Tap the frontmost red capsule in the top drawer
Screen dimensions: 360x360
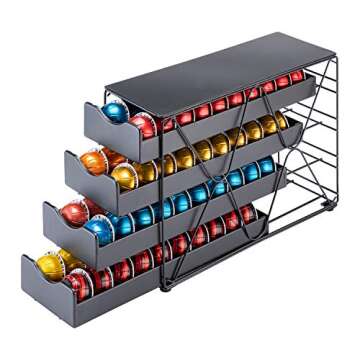[x=143, y=125]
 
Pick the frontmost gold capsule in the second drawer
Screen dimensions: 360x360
[x=125, y=175]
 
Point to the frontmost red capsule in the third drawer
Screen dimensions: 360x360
[x=74, y=210]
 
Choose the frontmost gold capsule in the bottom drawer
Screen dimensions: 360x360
[x=50, y=265]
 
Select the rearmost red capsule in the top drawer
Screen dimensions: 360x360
[x=297, y=76]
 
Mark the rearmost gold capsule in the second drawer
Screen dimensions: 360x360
[x=283, y=121]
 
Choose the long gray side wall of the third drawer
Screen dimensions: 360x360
[x=190, y=210]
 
